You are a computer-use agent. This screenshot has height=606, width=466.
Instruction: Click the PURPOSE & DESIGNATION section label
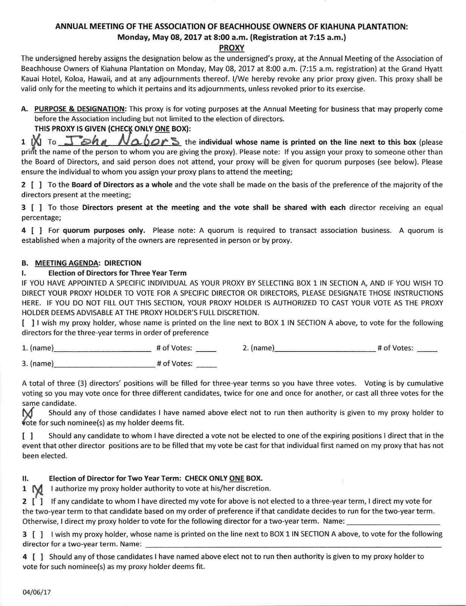[80, 109]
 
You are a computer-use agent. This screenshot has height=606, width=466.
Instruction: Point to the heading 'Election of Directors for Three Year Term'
[117, 273]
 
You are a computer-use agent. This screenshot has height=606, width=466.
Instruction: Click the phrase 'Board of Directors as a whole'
[122, 185]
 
